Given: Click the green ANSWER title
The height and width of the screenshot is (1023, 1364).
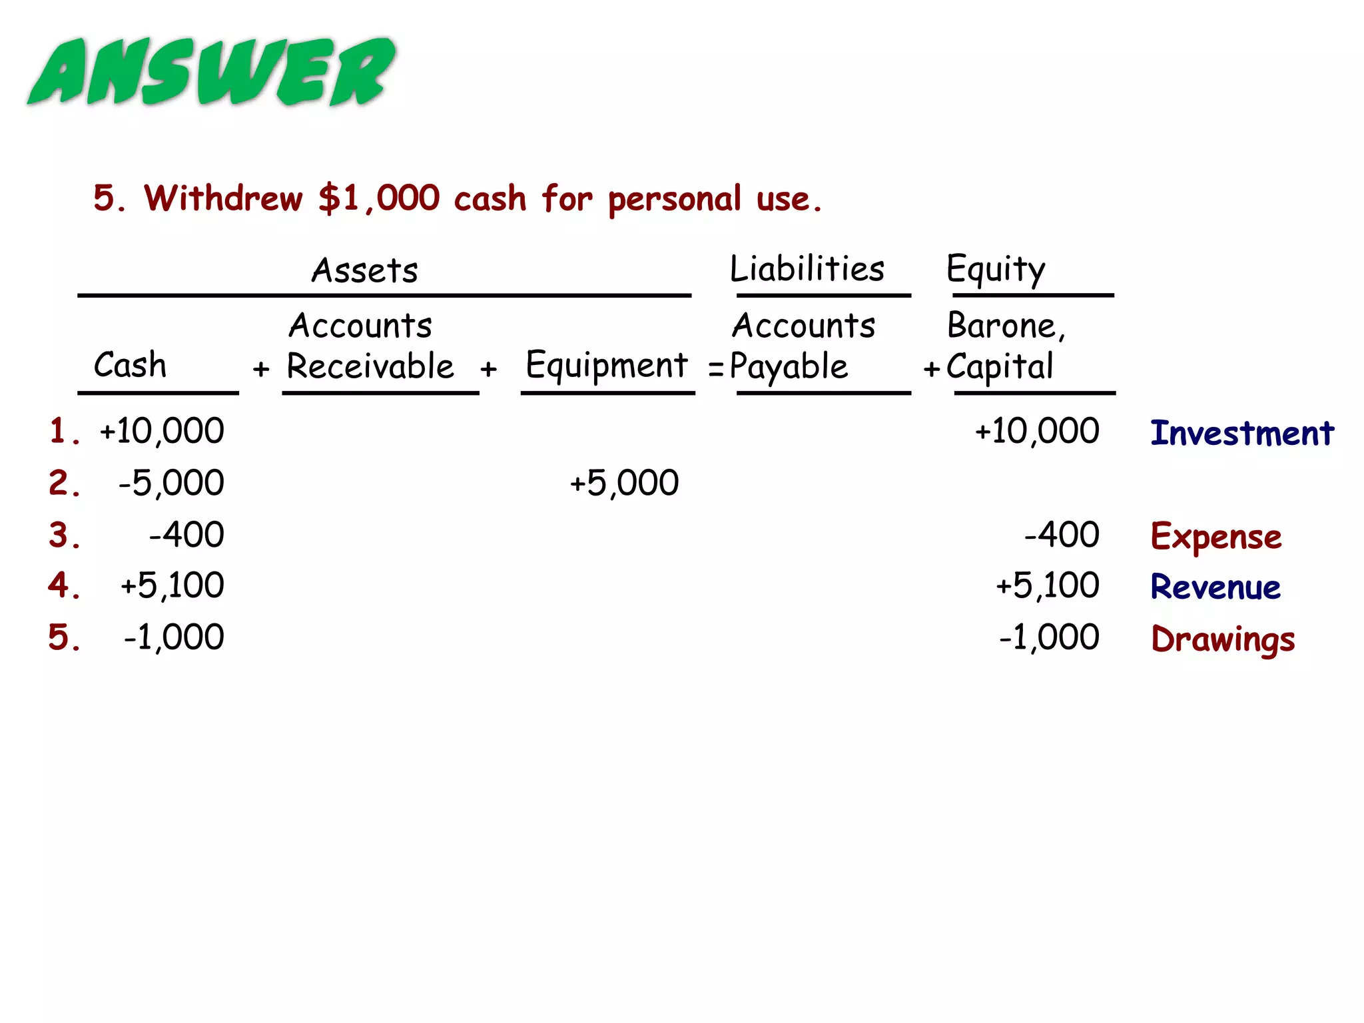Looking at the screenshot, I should [212, 72].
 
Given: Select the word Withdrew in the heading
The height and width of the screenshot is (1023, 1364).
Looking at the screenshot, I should [223, 198].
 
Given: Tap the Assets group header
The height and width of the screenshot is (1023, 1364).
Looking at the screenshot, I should [365, 270].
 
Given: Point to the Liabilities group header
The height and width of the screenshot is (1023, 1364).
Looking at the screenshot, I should [807, 269].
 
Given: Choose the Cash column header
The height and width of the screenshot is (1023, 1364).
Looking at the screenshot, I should [131, 365].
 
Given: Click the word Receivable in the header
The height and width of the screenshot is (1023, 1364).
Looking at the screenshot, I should [370, 366].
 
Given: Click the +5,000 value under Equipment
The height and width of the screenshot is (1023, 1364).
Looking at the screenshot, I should [624, 483].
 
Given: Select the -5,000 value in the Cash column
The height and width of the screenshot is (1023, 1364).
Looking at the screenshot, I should [171, 483].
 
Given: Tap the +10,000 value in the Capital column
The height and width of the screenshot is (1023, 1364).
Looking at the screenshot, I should [1037, 431].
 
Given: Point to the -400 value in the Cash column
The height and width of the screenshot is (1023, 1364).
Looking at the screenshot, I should [186, 535].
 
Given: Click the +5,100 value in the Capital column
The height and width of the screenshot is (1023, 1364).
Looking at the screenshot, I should [1047, 586].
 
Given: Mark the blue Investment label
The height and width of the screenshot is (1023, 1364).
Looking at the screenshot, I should [1242, 433].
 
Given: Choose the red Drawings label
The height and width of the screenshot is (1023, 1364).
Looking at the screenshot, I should [1223, 639].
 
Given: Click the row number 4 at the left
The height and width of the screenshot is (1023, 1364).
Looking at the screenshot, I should [63, 586].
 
